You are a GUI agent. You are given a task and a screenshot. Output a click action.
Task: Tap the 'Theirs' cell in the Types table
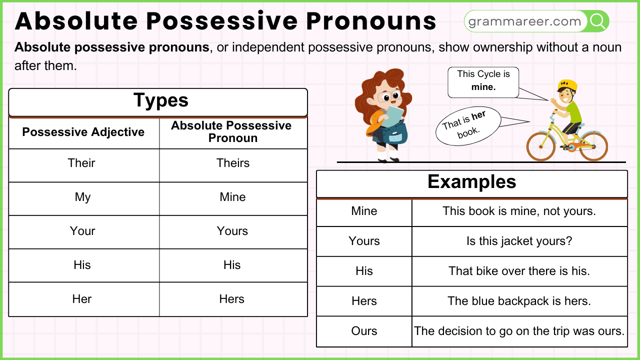(x=233, y=163)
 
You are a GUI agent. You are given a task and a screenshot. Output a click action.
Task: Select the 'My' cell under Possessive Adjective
(x=82, y=197)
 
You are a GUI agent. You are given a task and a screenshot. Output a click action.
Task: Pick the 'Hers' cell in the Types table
(x=232, y=299)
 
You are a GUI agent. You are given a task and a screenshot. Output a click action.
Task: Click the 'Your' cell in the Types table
(x=82, y=231)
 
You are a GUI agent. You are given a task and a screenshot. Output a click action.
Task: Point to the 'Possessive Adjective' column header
(x=83, y=132)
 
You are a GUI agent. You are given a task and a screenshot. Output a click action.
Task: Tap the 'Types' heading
(x=160, y=100)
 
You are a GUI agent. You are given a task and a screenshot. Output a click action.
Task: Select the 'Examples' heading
(x=471, y=182)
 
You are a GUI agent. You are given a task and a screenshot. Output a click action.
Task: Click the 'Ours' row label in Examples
(x=364, y=331)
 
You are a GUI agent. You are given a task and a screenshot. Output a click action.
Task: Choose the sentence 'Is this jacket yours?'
(x=519, y=241)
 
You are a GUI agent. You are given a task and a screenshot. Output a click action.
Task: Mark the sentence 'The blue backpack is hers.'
(x=519, y=301)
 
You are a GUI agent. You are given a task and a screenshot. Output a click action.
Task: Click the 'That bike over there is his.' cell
(x=519, y=271)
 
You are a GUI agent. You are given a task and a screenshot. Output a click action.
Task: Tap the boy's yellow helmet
(x=567, y=85)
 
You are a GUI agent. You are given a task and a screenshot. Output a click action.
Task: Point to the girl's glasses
(x=388, y=96)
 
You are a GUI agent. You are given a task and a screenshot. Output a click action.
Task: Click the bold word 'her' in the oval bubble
(x=478, y=115)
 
